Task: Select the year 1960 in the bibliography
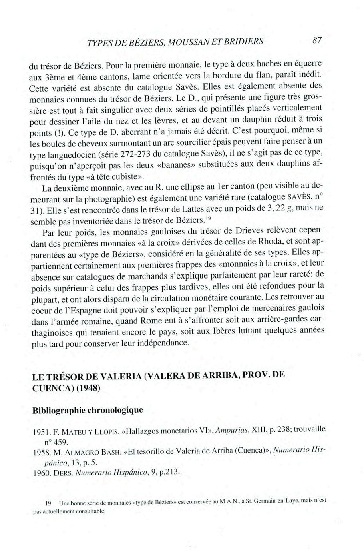pyautogui.click(x=40, y=473)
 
